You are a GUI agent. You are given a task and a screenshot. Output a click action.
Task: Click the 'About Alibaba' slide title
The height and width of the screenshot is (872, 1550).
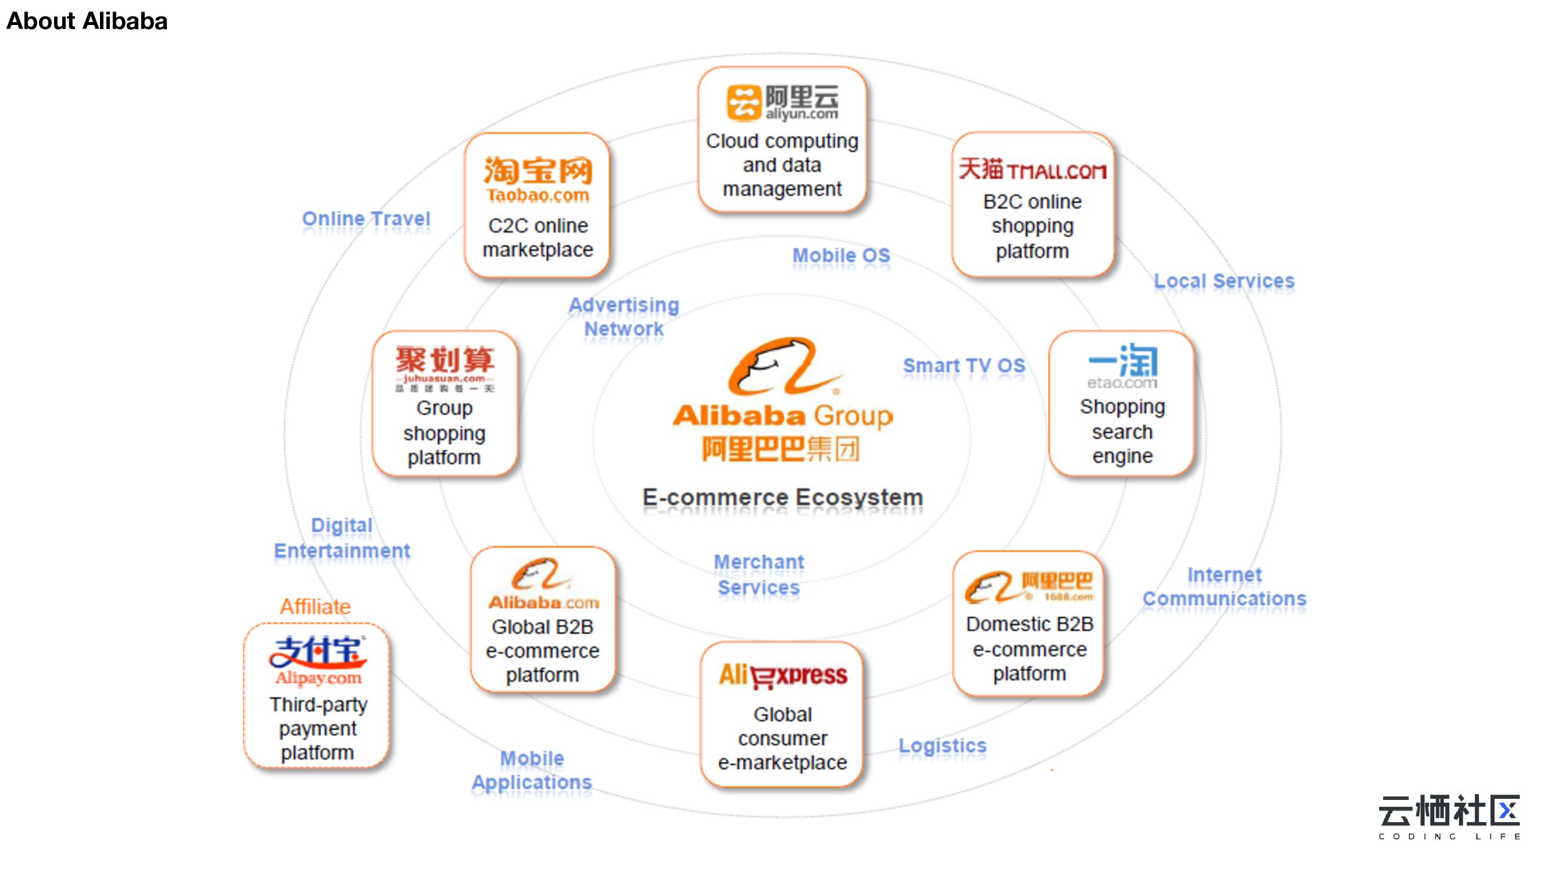[87, 21]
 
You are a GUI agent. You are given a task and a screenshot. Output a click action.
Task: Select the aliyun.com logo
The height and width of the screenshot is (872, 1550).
[782, 102]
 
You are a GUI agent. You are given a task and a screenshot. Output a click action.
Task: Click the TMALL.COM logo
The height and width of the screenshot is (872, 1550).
[1033, 170]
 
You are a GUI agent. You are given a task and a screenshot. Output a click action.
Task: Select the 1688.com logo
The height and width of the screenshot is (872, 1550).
[1029, 587]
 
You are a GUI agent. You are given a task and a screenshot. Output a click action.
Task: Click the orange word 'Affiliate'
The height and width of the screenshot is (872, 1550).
[316, 606]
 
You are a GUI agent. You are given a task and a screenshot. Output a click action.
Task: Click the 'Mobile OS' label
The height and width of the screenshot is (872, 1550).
[841, 256]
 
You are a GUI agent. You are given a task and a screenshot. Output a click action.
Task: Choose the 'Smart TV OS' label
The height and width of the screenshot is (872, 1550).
[964, 366]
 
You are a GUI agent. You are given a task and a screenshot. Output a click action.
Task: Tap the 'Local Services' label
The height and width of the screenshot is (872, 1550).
[1224, 281]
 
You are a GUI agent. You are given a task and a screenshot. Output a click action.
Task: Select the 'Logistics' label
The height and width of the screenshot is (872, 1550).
[942, 746]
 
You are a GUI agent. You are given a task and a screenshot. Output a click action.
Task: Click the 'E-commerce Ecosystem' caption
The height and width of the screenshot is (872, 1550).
[782, 498]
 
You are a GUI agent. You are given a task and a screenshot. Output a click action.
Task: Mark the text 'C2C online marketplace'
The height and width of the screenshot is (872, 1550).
[538, 238]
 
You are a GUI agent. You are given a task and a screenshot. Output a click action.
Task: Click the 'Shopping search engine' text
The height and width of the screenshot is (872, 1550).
[1122, 431]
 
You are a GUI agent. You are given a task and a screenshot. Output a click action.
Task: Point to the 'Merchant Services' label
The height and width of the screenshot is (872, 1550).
[759, 575]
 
